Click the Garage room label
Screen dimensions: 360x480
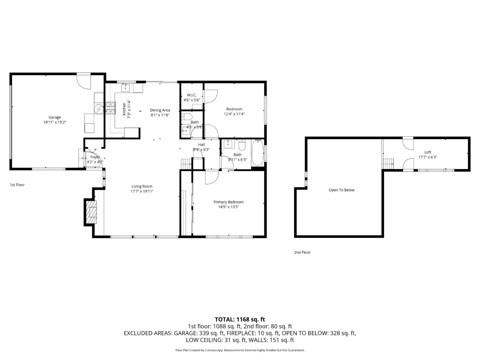(55, 117)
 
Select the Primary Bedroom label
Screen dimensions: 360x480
(228, 202)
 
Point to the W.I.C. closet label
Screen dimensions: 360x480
(192, 95)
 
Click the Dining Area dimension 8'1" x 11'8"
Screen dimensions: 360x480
(160, 115)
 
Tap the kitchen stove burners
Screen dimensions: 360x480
(110, 108)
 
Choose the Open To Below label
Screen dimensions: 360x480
(342, 190)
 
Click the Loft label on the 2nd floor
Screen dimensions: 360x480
(428, 152)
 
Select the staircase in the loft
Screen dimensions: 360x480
(388, 164)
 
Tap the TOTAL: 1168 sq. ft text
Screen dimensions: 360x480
(240, 319)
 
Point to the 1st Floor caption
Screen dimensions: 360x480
(17, 185)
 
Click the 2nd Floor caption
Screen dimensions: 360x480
(302, 252)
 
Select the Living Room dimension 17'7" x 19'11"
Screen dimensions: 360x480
(142, 191)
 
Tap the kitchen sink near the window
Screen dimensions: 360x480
(125, 88)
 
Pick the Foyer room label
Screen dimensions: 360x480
(95, 157)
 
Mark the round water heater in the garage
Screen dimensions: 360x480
(99, 109)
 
